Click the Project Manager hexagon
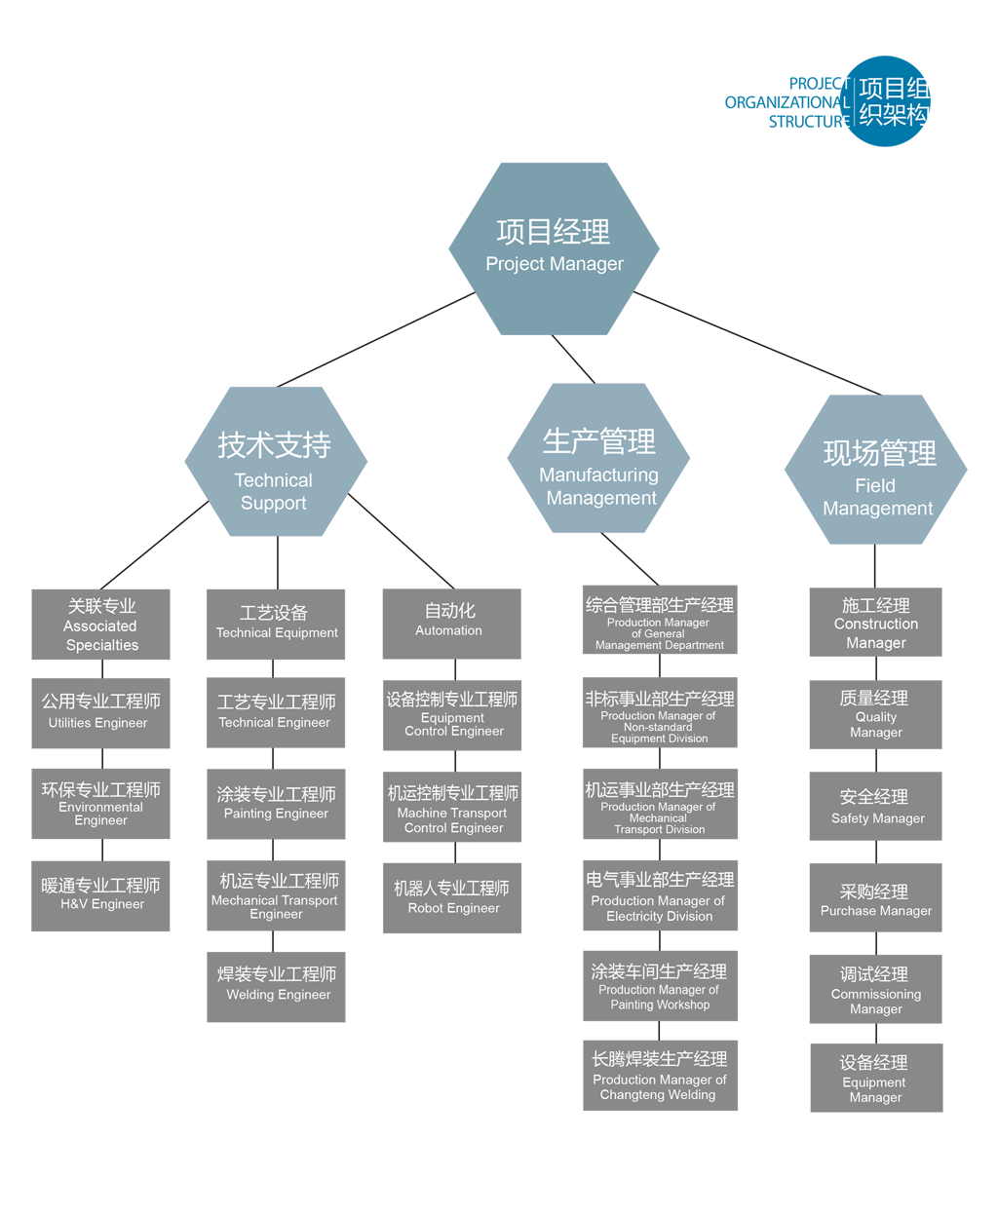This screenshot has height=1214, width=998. (x=554, y=248)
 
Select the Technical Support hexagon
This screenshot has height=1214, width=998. (x=276, y=462)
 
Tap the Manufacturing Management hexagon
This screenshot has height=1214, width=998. (x=598, y=458)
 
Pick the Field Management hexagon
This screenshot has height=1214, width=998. (x=875, y=470)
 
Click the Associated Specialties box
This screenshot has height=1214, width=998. (x=100, y=624)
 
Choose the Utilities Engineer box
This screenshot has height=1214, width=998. (x=100, y=712)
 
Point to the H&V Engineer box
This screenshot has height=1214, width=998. (x=100, y=895)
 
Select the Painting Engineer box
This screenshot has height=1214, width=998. (x=276, y=804)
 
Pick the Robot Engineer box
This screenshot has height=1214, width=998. (x=451, y=897)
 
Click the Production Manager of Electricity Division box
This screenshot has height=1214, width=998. (x=660, y=894)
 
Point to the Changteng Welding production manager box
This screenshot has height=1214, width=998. (x=660, y=1075)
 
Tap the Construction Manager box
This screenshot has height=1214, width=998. (x=875, y=622)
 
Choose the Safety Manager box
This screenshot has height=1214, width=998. (x=875, y=806)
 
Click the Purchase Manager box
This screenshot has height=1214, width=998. (x=875, y=897)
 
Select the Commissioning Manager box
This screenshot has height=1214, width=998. (x=875, y=989)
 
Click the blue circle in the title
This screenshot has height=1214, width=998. (x=887, y=101)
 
